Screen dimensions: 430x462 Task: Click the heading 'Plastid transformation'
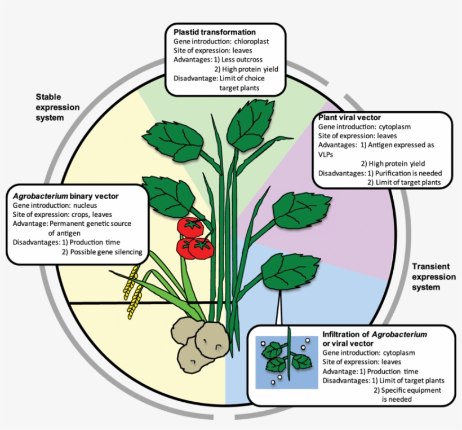click(x=215, y=32)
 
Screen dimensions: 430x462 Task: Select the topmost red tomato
click(x=190, y=227)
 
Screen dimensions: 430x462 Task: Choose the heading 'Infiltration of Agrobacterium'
click(x=374, y=334)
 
